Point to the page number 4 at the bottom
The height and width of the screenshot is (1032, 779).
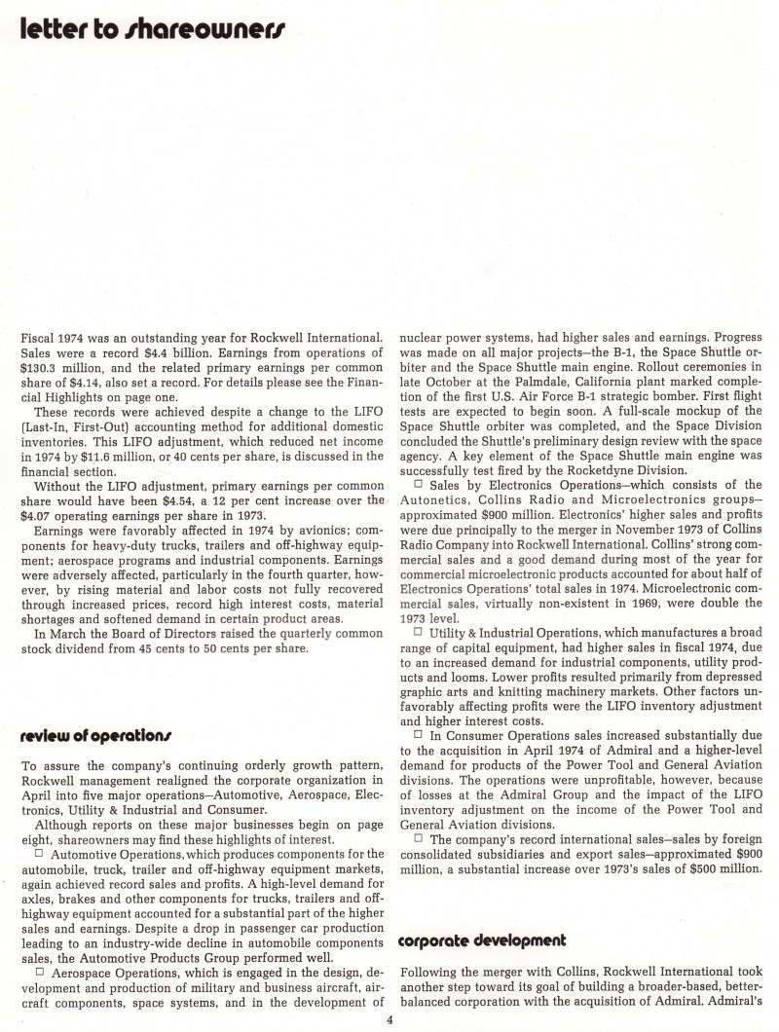pos(389,1020)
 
